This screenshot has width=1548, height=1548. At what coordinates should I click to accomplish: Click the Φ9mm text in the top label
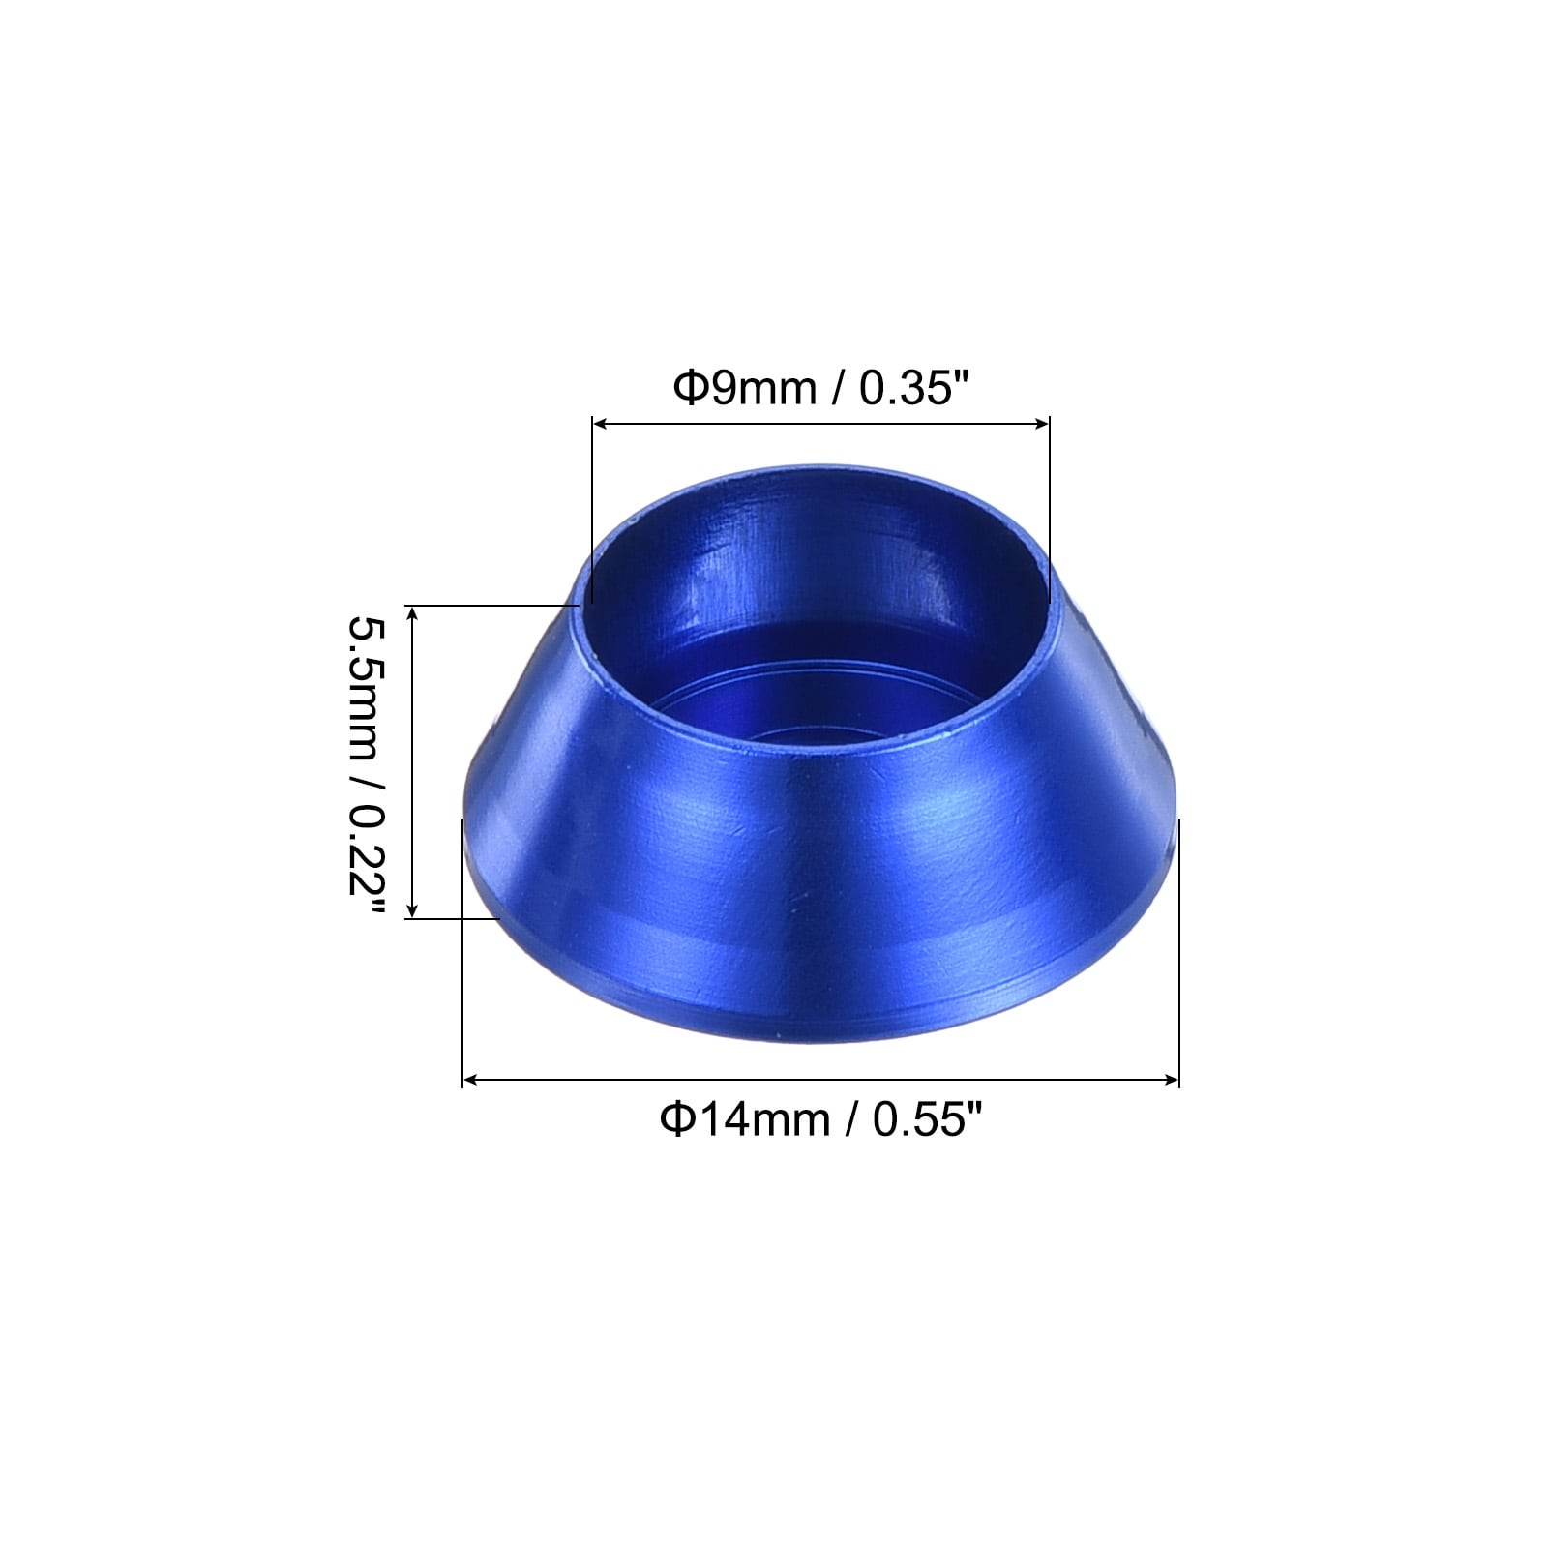[x=745, y=389]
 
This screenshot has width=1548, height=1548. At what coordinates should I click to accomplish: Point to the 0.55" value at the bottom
[x=928, y=1120]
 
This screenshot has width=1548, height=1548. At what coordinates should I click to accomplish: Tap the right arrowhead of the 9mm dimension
[x=1041, y=423]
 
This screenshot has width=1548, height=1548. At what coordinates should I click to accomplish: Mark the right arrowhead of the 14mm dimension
[x=1171, y=1080]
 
